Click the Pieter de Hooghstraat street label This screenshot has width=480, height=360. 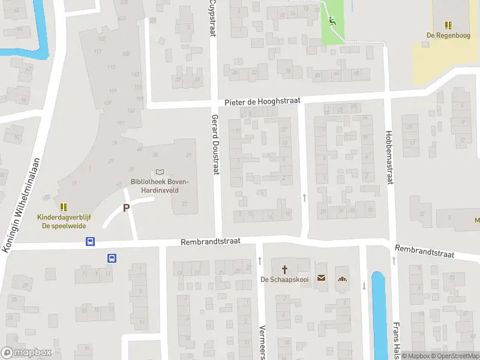pos(262,103)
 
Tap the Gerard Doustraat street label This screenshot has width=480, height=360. pos(215,145)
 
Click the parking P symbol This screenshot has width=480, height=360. pos(126,208)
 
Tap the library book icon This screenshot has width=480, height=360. pos(160,172)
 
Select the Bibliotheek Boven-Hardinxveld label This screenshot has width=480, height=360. pos(160,186)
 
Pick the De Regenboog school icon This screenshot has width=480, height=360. pos(448,25)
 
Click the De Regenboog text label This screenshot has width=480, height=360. pos(448,35)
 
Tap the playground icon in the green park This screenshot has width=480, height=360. pos(332,22)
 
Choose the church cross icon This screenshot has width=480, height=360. pos(284,269)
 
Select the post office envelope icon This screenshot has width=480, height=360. pos(322,278)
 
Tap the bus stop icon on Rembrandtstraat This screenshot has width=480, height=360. pos(90,242)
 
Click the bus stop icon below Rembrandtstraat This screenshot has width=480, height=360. pos(112,258)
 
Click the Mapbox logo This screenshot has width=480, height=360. pos(26,353)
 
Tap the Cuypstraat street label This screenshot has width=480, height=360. pos(212,18)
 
